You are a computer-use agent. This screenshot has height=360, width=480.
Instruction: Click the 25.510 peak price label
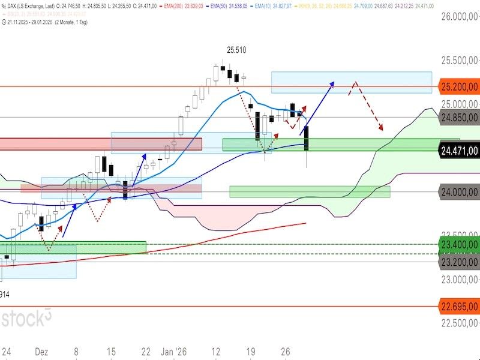(x=236, y=50)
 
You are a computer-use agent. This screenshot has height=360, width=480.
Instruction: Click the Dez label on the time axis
(x=43, y=352)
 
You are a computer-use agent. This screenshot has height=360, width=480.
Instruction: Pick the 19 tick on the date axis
(x=251, y=352)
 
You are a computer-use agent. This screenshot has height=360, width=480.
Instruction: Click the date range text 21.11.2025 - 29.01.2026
(x=36, y=22)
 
